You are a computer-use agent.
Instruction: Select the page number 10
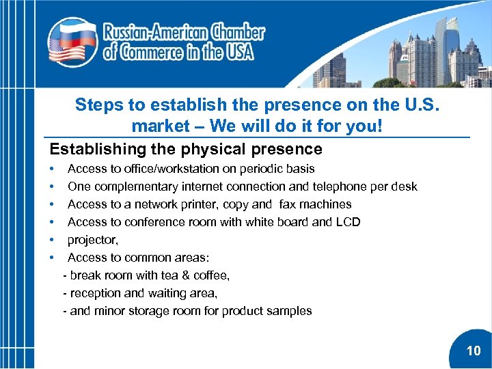coord(474,351)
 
